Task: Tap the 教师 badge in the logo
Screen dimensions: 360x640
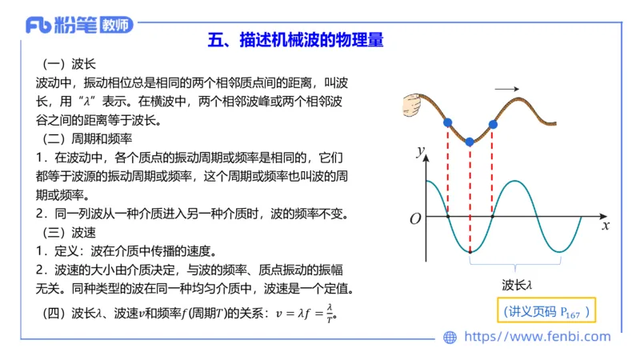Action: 117,25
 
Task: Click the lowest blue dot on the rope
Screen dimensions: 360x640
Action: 470,142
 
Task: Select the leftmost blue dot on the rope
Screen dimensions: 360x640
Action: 447,122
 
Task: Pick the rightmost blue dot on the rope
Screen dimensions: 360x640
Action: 493,124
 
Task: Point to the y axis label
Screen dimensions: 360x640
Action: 418,151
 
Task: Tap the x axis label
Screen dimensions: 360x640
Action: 606,226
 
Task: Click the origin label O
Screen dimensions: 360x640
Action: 414,218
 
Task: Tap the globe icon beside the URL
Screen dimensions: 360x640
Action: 450,338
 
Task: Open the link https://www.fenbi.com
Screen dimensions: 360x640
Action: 537,338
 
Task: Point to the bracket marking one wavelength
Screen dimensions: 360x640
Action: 518,261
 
